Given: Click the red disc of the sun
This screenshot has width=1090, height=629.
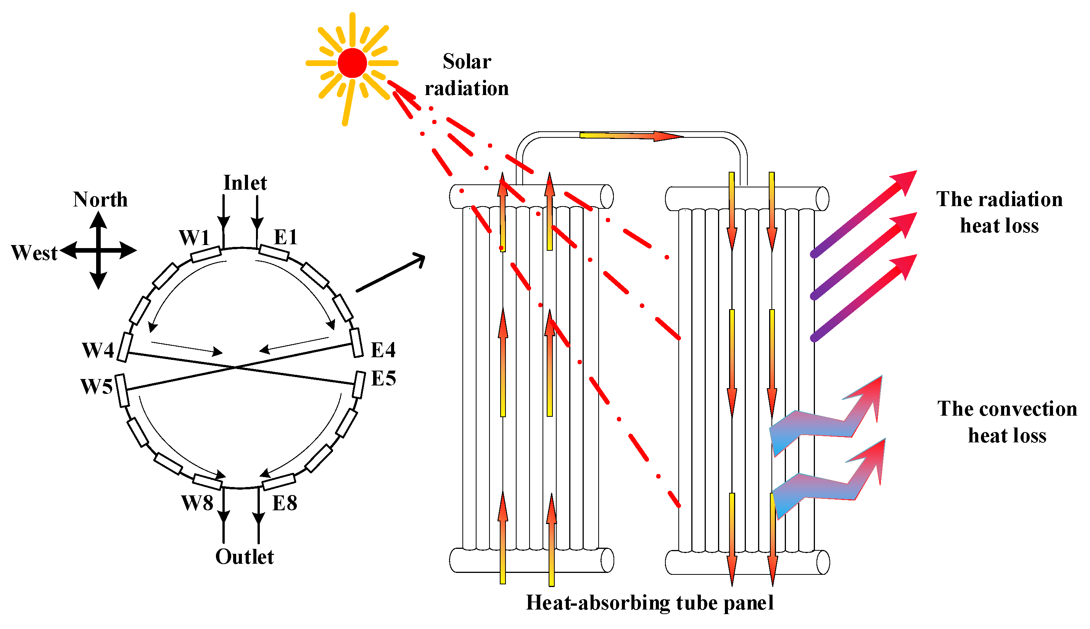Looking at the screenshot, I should tap(352, 63).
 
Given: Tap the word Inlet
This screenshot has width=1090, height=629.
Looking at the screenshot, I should tap(245, 183).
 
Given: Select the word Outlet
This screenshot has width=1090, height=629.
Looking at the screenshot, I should tap(244, 557).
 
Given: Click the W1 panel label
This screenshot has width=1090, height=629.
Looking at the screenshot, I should tap(194, 238).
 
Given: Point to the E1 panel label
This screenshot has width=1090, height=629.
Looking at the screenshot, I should tap(286, 237).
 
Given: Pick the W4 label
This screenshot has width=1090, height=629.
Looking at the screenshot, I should tap(98, 350).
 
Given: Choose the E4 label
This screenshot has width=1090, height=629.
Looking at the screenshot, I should tap(383, 350).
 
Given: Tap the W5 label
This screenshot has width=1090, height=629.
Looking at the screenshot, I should tap(97, 387).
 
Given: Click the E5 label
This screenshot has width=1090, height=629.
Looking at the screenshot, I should tap(383, 379).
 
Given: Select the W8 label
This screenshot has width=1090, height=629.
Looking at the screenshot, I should tap(197, 503).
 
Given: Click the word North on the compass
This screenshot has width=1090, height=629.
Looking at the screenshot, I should tap(100, 200).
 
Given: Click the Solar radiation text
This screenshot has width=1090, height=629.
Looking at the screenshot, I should tap(467, 75).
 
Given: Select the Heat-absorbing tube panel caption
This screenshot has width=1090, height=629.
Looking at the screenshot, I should tap(649, 603).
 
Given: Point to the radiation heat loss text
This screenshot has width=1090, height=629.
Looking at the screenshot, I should tap(999, 213).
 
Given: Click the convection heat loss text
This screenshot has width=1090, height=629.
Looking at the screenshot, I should tap(1007, 422).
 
